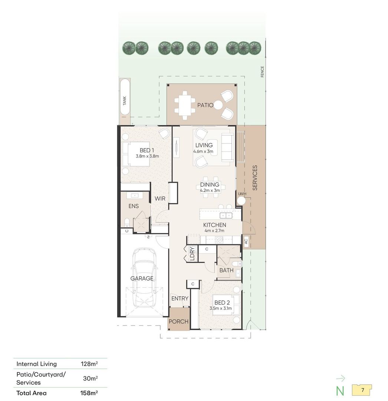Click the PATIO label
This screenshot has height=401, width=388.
click(x=205, y=105)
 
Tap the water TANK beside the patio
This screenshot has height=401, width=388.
click(x=125, y=97)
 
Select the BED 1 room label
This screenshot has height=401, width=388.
click(x=147, y=150)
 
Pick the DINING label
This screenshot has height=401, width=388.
click(x=210, y=185)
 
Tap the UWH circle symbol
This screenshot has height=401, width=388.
click(x=241, y=201)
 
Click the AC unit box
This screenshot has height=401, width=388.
click(x=246, y=241)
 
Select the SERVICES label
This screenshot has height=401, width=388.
click(x=255, y=178)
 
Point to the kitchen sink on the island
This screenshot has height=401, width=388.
click(x=226, y=215)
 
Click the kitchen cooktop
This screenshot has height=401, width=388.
click(x=219, y=240)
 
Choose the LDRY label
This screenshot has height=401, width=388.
click(x=193, y=254)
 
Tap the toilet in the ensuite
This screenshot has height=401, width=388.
click(x=127, y=222)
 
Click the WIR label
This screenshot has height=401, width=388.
click(x=160, y=198)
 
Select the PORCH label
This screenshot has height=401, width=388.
click(x=178, y=322)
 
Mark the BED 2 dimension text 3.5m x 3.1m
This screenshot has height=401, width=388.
click(x=221, y=309)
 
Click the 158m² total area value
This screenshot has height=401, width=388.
click(x=89, y=393)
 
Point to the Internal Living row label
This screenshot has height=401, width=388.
click(x=36, y=364)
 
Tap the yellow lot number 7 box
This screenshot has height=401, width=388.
click(x=362, y=390)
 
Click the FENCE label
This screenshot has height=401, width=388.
click(x=262, y=72)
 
